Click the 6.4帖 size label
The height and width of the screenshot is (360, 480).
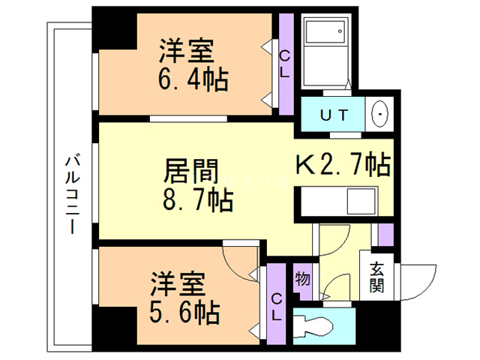[193, 79]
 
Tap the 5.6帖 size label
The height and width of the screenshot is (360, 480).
[185, 312]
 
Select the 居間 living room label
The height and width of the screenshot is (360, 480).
[191, 171]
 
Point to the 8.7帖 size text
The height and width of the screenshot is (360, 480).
[198, 200]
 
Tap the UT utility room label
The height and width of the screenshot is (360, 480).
[334, 115]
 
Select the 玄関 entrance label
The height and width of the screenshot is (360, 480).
[376, 277]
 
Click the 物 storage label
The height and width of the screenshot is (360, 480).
[302, 279]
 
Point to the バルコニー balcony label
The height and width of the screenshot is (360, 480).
[73, 195]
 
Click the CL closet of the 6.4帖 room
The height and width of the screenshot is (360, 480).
[286, 64]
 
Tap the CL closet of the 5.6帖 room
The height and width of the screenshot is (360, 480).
[277, 304]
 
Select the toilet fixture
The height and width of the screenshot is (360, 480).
[313, 327]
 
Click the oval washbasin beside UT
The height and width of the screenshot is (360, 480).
[379, 114]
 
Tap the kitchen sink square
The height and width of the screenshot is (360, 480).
[361, 201]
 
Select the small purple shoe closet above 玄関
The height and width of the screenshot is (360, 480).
[385, 235]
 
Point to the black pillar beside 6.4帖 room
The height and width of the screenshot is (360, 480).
[115, 31]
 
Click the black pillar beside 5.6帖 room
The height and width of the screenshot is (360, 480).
[115, 325]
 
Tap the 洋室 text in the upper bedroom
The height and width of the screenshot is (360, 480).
[186, 50]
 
